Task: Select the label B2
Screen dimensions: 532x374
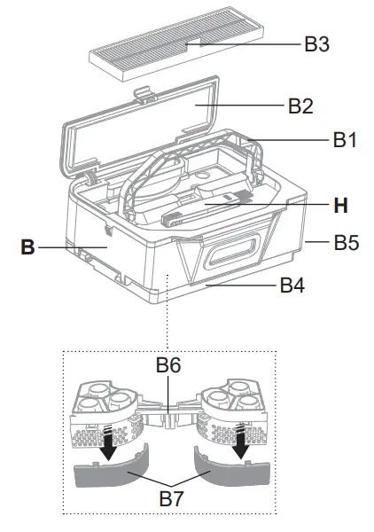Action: coord(300,106)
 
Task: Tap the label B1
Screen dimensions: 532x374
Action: coord(344,139)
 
